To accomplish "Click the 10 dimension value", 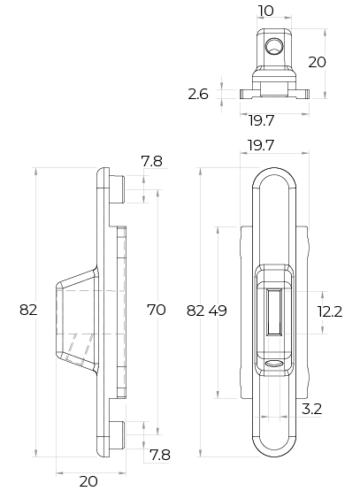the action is [x=265, y=11].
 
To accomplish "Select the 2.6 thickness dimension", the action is [x=198, y=94].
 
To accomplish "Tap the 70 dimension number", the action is [x=157, y=310].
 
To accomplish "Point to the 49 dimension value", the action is [x=218, y=311].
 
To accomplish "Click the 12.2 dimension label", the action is [x=330, y=311].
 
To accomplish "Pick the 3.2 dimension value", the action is [x=311, y=409].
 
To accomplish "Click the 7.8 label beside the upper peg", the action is [x=152, y=161].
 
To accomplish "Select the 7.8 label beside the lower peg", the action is [x=160, y=455].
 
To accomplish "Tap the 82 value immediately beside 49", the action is [x=195, y=311].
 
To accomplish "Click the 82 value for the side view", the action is [x=28, y=310].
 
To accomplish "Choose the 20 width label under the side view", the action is [x=88, y=481].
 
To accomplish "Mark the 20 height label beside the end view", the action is [x=317, y=62].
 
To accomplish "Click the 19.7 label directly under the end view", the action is [x=262, y=120].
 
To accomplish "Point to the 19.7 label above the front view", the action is [x=261, y=145].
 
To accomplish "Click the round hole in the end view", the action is [x=274, y=47].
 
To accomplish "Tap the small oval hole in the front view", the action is [x=273, y=364].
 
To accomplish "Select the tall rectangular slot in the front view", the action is [x=274, y=312].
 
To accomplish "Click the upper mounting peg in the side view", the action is [x=117, y=189].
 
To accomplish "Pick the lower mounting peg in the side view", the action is [x=117, y=435].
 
